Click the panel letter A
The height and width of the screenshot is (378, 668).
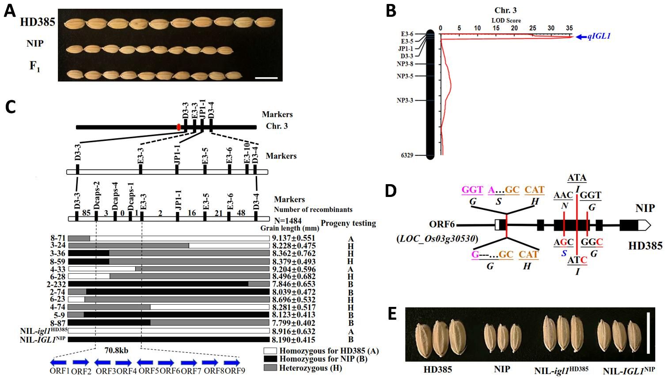pyautogui.click(x=10, y=11)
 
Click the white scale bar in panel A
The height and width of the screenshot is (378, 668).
pyautogui.click(x=266, y=78)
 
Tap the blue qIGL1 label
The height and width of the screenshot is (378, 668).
pyautogui.click(x=599, y=37)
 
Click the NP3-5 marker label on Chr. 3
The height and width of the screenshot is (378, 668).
pyautogui.click(x=405, y=76)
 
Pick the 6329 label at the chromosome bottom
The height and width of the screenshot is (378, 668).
pyautogui.click(x=406, y=155)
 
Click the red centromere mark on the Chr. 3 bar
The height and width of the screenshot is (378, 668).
pyautogui.click(x=178, y=127)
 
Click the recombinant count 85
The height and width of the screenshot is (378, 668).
pyautogui.click(x=86, y=213)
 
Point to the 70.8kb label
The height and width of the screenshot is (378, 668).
pyautogui.click(x=116, y=351)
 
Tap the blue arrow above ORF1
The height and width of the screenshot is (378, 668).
pyautogui.click(x=58, y=363)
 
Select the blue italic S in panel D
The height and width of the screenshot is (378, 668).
pyautogui.click(x=564, y=253)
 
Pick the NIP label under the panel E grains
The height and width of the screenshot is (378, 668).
pyautogui.click(x=502, y=369)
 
